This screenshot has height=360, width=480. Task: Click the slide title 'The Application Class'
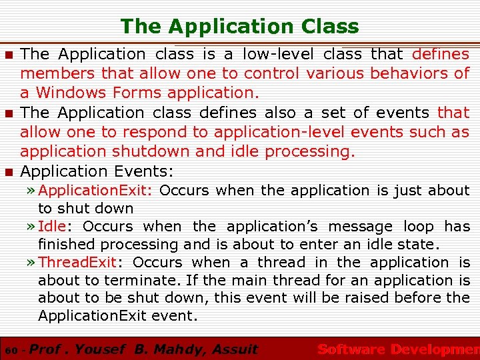coord(239,26)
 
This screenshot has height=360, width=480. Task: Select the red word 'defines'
coord(441,54)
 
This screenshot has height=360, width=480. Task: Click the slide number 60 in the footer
coord(9,350)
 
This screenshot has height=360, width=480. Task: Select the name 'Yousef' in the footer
coord(101,349)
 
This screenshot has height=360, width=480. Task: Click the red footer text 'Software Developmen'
coord(398,349)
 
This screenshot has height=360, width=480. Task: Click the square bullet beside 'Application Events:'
coord(9,172)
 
